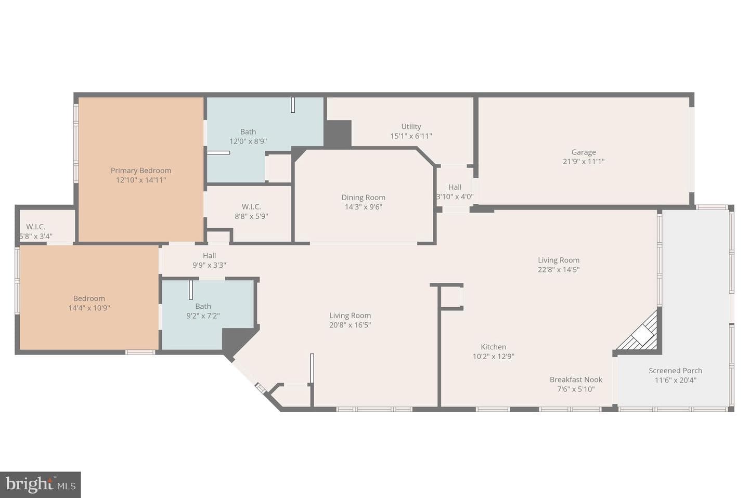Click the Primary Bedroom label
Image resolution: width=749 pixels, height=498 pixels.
(141, 171)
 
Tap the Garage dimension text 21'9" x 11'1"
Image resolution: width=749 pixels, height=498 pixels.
(584, 162)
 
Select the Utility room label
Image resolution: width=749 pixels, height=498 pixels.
(411, 126)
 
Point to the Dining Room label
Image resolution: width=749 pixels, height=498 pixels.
(363, 197)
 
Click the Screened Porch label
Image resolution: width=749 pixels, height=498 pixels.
(676, 370)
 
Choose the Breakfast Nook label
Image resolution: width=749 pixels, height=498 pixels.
(576, 379)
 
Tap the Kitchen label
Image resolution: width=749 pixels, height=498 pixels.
(493, 347)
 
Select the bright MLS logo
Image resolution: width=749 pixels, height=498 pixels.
(41, 484)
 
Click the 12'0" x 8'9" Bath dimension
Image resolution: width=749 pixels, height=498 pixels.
(248, 141)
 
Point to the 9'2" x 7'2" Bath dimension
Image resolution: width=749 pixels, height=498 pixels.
(203, 316)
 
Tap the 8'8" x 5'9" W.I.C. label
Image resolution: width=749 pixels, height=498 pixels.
(251, 211)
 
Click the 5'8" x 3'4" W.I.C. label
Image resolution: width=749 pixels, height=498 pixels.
(36, 231)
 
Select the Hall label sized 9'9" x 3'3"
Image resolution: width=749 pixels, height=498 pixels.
(209, 260)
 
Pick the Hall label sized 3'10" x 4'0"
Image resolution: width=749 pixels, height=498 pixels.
(455, 191)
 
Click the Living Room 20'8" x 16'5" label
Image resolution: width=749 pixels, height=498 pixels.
(350, 320)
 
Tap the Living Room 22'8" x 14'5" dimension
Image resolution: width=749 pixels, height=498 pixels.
(559, 269)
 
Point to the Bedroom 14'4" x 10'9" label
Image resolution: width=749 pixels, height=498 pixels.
(89, 303)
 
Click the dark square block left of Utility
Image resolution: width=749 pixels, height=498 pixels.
(338, 134)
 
